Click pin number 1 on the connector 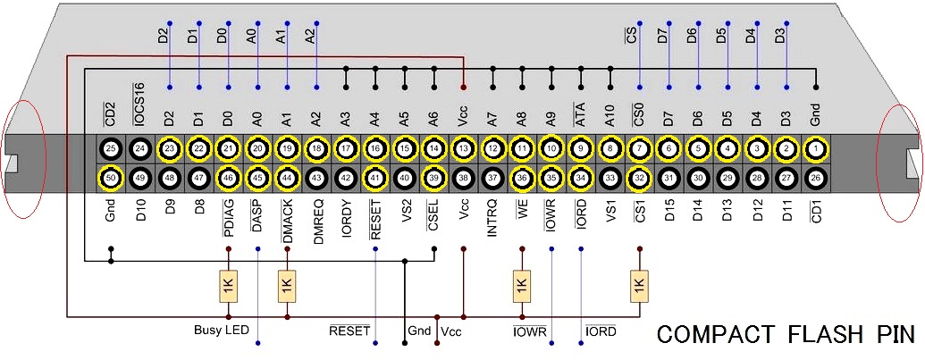816,148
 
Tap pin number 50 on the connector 110,179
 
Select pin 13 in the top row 463,148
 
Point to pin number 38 463,179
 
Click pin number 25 110,148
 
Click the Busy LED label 220,330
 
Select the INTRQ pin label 492,215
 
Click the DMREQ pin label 316,218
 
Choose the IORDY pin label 346,215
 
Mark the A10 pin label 610,117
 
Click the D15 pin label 669,210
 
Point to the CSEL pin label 433,212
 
